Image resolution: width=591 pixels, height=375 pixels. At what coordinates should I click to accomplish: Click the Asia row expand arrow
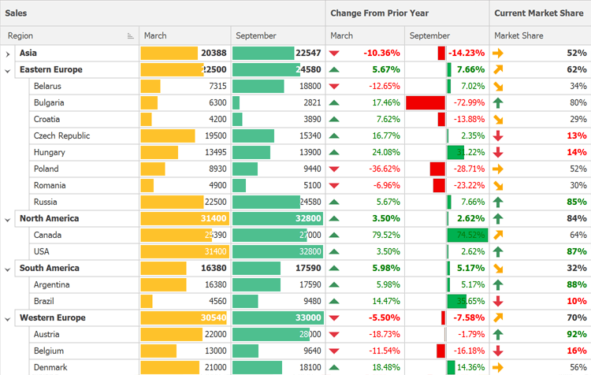8,54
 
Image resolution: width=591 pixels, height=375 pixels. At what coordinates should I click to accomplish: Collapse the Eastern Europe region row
8,70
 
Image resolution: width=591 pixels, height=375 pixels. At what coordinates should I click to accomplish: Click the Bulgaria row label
49,103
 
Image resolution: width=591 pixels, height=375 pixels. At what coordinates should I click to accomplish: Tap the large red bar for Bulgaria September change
426,103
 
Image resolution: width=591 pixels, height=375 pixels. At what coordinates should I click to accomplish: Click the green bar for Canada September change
467,236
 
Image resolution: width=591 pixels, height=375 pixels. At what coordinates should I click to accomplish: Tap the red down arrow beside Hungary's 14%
498,153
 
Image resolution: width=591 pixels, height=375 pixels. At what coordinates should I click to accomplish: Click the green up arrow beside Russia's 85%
498,202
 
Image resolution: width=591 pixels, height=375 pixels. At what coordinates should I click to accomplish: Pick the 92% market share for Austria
577,335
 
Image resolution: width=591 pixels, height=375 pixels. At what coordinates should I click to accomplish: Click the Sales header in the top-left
17,13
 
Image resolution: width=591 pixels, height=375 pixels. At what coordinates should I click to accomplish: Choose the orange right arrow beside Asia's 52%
498,54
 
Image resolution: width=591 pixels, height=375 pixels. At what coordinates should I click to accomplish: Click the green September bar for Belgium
245,351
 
